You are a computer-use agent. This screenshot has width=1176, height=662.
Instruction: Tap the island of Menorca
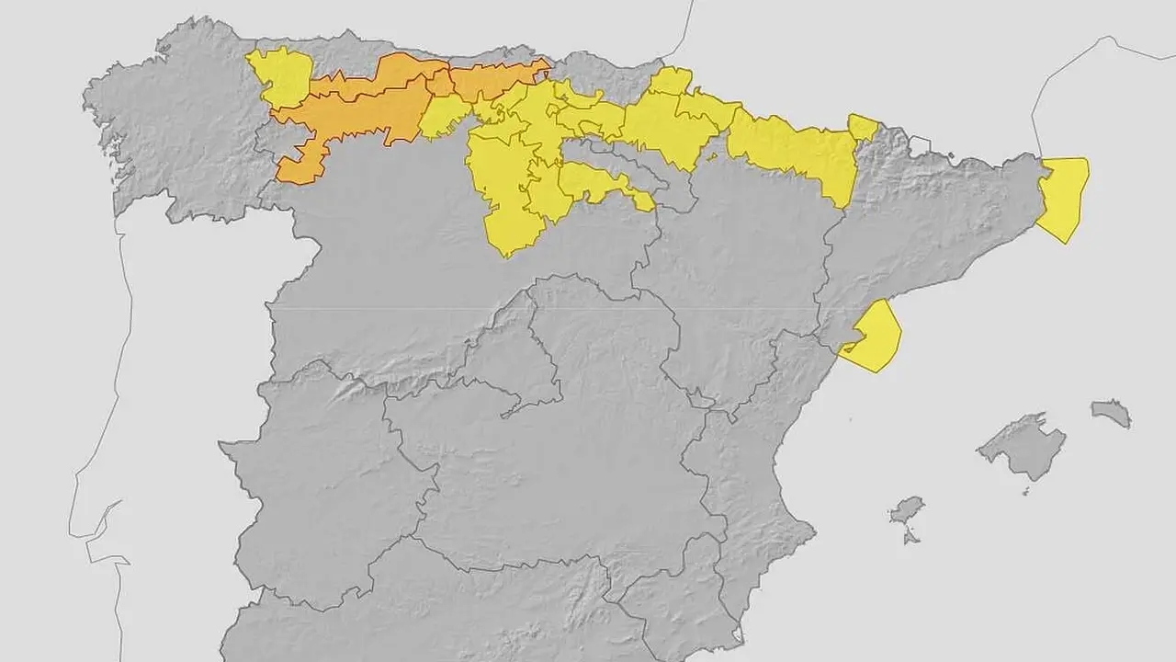pyautogui.click(x=1112, y=413)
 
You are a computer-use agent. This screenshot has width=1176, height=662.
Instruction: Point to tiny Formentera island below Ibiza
pyautogui.click(x=910, y=536)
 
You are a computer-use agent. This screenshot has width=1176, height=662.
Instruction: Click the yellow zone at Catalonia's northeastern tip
pyautogui.click(x=1063, y=198)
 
